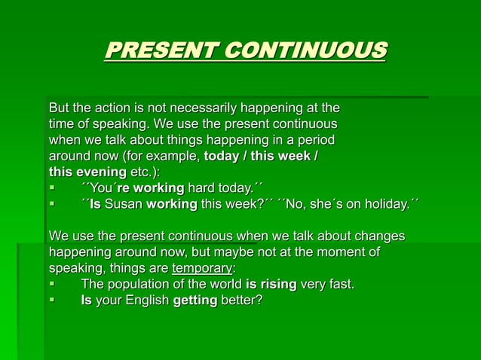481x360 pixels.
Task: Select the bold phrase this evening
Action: [87, 172]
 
